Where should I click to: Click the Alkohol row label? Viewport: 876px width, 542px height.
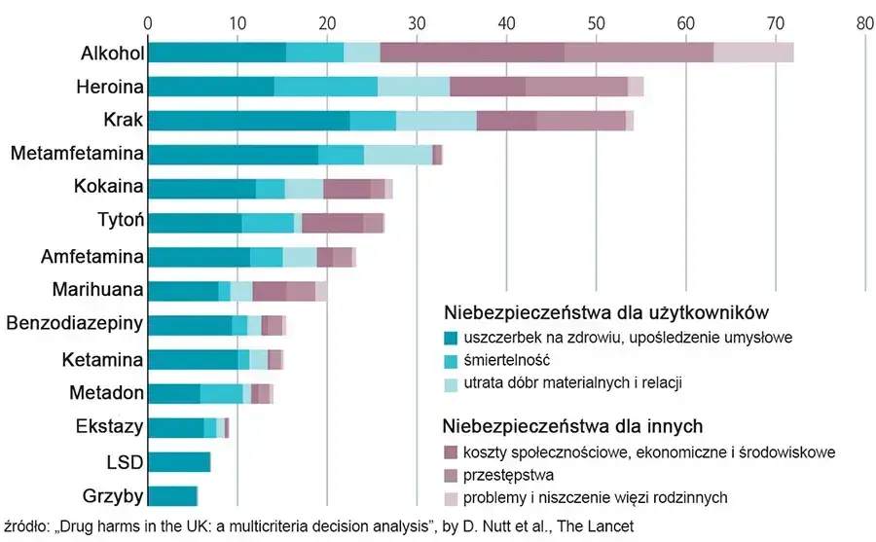click(x=112, y=53)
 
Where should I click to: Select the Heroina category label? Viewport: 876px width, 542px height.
click(x=111, y=87)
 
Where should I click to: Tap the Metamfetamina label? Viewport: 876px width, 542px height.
click(x=79, y=154)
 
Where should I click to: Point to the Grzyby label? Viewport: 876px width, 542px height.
click(x=113, y=496)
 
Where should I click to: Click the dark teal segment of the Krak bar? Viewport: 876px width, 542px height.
click(x=248, y=121)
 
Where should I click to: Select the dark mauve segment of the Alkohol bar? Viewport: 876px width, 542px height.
click(x=472, y=53)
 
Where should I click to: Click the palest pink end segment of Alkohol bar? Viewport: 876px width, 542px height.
click(x=753, y=53)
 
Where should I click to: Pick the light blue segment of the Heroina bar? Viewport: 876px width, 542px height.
click(x=414, y=87)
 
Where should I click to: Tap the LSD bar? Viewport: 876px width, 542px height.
click(x=179, y=462)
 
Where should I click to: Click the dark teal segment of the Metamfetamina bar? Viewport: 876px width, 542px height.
click(x=233, y=154)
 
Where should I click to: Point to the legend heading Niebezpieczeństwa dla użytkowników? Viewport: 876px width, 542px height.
click(x=607, y=313)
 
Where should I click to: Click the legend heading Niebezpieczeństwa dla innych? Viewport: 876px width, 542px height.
click(x=573, y=426)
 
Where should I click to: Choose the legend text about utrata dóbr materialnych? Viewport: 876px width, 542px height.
click(x=572, y=383)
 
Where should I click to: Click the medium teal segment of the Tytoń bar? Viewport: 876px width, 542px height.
click(x=268, y=223)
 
